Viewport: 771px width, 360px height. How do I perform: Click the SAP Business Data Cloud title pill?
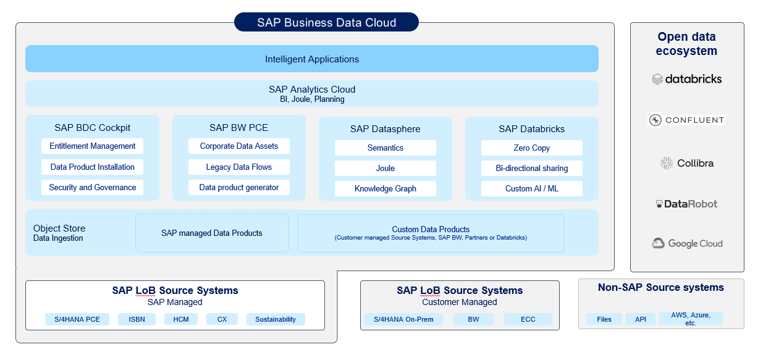pyautogui.click(x=326, y=23)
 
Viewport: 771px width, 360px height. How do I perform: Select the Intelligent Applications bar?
pyautogui.click(x=312, y=59)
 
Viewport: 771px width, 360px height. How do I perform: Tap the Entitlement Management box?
pyautogui.click(x=93, y=146)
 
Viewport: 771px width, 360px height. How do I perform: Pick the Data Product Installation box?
pyautogui.click(x=93, y=167)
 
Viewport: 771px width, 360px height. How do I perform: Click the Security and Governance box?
pyautogui.click(x=93, y=187)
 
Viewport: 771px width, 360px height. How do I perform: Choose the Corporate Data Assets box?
pyautogui.click(x=239, y=146)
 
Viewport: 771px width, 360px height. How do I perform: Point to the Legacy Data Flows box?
pyautogui.click(x=239, y=167)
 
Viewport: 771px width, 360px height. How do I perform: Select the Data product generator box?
pyautogui.click(x=239, y=187)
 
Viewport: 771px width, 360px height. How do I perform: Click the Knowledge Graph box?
pyautogui.click(x=385, y=188)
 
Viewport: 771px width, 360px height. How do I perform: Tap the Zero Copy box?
pyautogui.click(x=532, y=148)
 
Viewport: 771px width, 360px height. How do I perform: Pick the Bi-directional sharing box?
pyautogui.click(x=532, y=168)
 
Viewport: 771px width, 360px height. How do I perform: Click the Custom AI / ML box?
pyautogui.click(x=532, y=188)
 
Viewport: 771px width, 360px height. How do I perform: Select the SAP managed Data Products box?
pyautogui.click(x=212, y=233)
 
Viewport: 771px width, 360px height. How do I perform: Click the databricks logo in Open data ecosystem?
pyautogui.click(x=687, y=79)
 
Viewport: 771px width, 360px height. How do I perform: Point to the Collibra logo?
pyautogui.click(x=687, y=163)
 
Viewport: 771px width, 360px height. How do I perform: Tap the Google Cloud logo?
pyautogui.click(x=687, y=243)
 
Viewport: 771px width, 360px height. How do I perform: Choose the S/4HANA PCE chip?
pyautogui.click(x=77, y=319)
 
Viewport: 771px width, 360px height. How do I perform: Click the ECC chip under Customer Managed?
pyautogui.click(x=528, y=319)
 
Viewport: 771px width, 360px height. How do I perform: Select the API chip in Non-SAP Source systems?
pyautogui.click(x=641, y=319)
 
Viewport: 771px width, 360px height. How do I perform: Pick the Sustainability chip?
pyautogui.click(x=276, y=319)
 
